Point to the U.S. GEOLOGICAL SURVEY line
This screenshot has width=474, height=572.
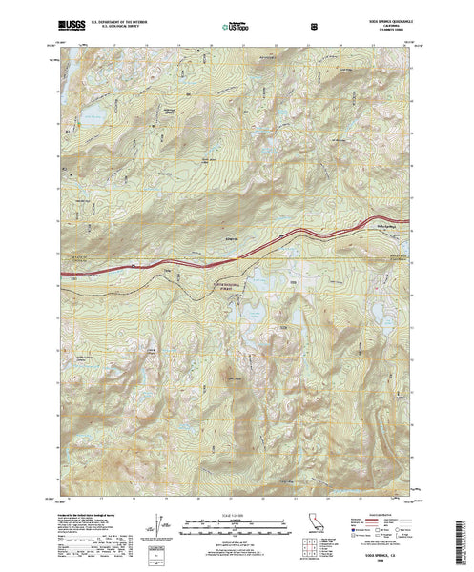107,21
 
